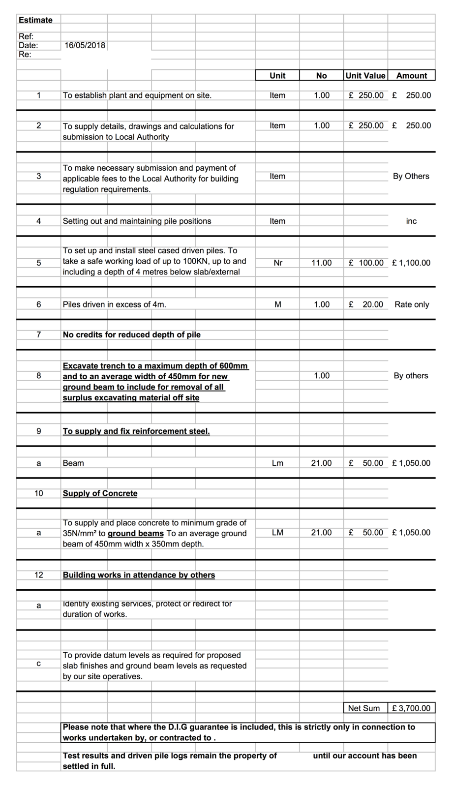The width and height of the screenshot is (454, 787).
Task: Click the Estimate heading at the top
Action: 35,20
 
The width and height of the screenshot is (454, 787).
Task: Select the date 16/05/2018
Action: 85,45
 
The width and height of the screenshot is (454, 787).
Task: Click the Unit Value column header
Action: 365,76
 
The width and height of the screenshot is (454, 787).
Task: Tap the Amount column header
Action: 412,76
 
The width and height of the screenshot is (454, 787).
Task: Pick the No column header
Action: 321,76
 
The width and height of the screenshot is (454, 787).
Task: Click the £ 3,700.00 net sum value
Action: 411,708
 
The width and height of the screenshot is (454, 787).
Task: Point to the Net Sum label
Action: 364,708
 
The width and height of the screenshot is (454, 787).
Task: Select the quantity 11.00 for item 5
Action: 321,263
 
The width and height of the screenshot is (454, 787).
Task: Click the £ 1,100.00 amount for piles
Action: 411,263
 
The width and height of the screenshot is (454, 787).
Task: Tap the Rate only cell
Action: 412,304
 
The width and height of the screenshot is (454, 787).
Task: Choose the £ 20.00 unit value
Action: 365,304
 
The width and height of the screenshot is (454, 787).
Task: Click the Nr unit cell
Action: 278,263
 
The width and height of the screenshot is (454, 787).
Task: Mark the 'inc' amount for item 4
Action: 411,221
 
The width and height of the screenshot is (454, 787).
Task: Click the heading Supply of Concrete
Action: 100,493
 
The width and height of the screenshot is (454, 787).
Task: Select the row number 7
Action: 39,334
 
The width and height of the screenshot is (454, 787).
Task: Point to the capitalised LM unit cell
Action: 277,533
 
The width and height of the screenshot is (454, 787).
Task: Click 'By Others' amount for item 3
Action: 411,176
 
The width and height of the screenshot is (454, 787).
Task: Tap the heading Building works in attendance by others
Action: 139,575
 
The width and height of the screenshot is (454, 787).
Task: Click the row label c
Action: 39,664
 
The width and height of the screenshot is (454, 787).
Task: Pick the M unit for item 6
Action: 278,304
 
